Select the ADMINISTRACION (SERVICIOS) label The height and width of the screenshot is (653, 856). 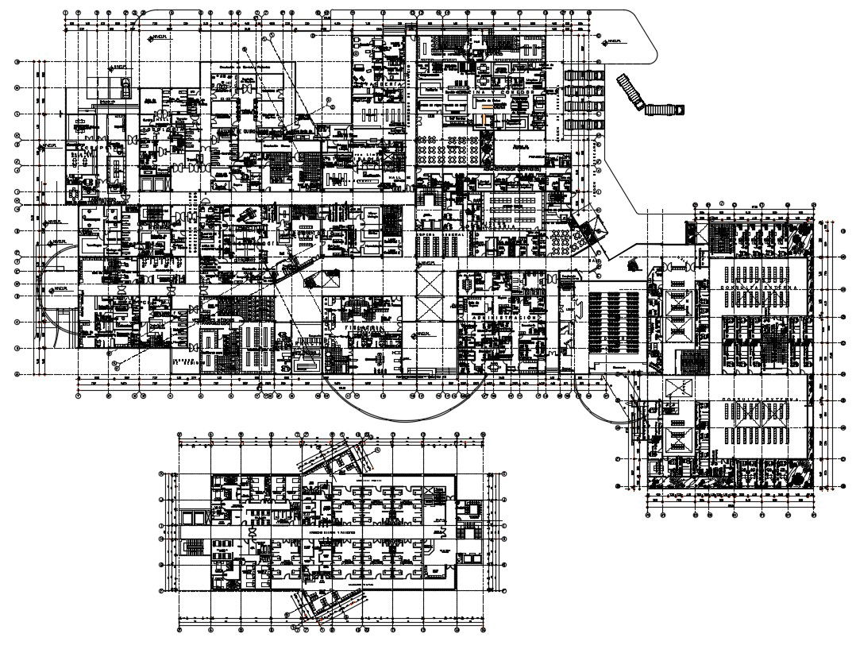519,168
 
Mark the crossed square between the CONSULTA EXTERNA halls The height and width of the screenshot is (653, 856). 680,389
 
